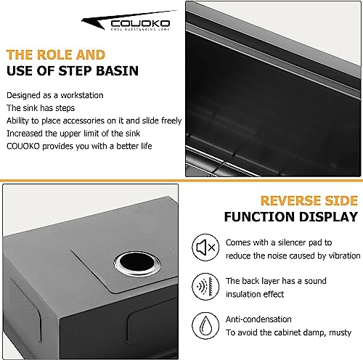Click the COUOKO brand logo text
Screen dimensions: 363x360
pos(140,23)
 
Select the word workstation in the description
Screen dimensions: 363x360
pos(82,95)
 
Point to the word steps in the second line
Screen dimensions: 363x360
pos(65,108)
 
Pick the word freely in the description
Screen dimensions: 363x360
pos(171,121)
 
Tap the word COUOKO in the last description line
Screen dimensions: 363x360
pos(23,147)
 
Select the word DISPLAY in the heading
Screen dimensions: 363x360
pos(328,217)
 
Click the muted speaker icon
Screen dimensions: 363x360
pos(205,247)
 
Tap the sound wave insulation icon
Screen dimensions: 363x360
pos(205,287)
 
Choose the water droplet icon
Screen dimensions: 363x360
pos(205,326)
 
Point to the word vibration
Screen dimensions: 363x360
pos(344,255)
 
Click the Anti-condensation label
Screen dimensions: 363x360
pos(258,319)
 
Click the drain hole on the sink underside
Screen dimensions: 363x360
pos(137,263)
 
